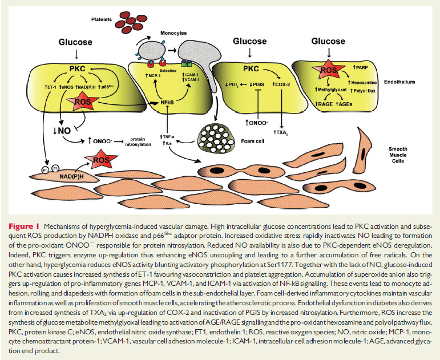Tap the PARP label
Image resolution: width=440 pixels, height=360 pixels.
(x=363, y=68)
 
